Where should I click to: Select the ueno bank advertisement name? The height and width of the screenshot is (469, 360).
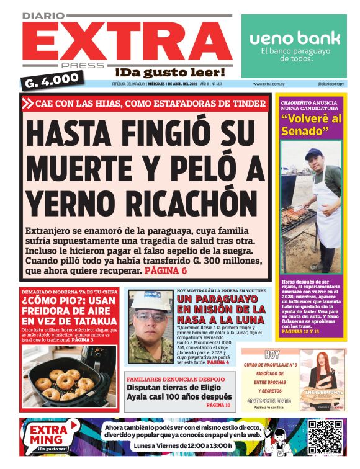click(295, 38)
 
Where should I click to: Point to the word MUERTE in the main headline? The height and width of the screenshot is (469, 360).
click(79, 167)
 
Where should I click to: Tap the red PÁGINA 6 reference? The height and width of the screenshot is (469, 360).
click(165, 271)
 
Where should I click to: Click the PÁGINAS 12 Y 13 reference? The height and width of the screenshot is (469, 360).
click(300, 332)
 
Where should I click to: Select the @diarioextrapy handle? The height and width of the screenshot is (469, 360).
click(330, 84)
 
